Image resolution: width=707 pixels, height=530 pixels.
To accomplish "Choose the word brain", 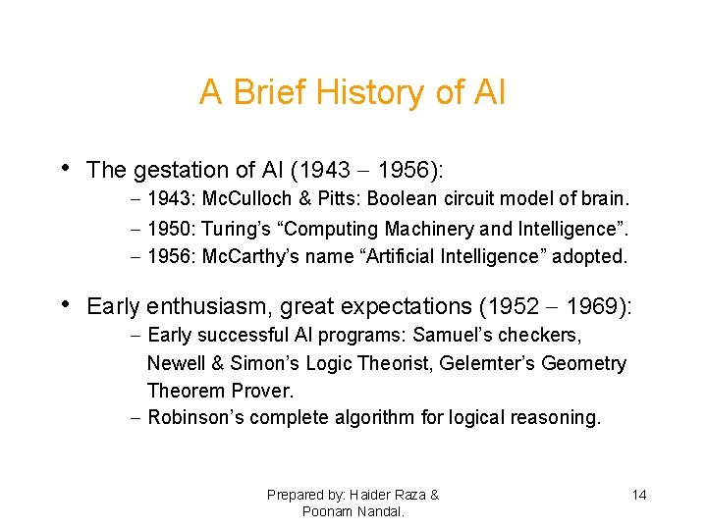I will point(603,198).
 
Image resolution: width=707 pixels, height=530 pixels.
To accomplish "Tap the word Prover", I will point(261,391).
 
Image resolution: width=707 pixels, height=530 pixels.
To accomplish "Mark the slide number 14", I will point(638,495).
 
